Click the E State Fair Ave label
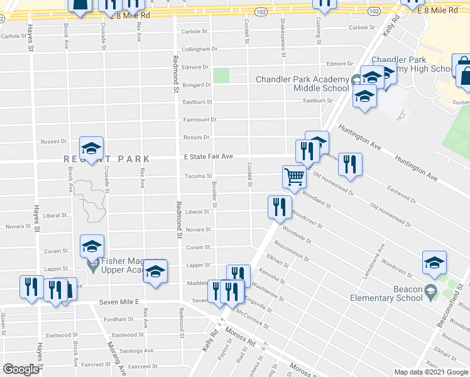point(208,156)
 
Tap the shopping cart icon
point(293,176)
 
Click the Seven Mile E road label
point(119,302)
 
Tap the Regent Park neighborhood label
point(107,159)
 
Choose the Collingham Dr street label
point(199,49)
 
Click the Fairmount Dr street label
point(199,119)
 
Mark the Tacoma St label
point(198,176)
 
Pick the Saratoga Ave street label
point(136,351)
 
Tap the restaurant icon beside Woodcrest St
point(279,207)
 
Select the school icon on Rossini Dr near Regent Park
point(92,149)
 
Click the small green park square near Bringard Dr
point(221,75)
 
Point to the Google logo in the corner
point(21,369)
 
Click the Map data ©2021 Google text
point(431,372)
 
